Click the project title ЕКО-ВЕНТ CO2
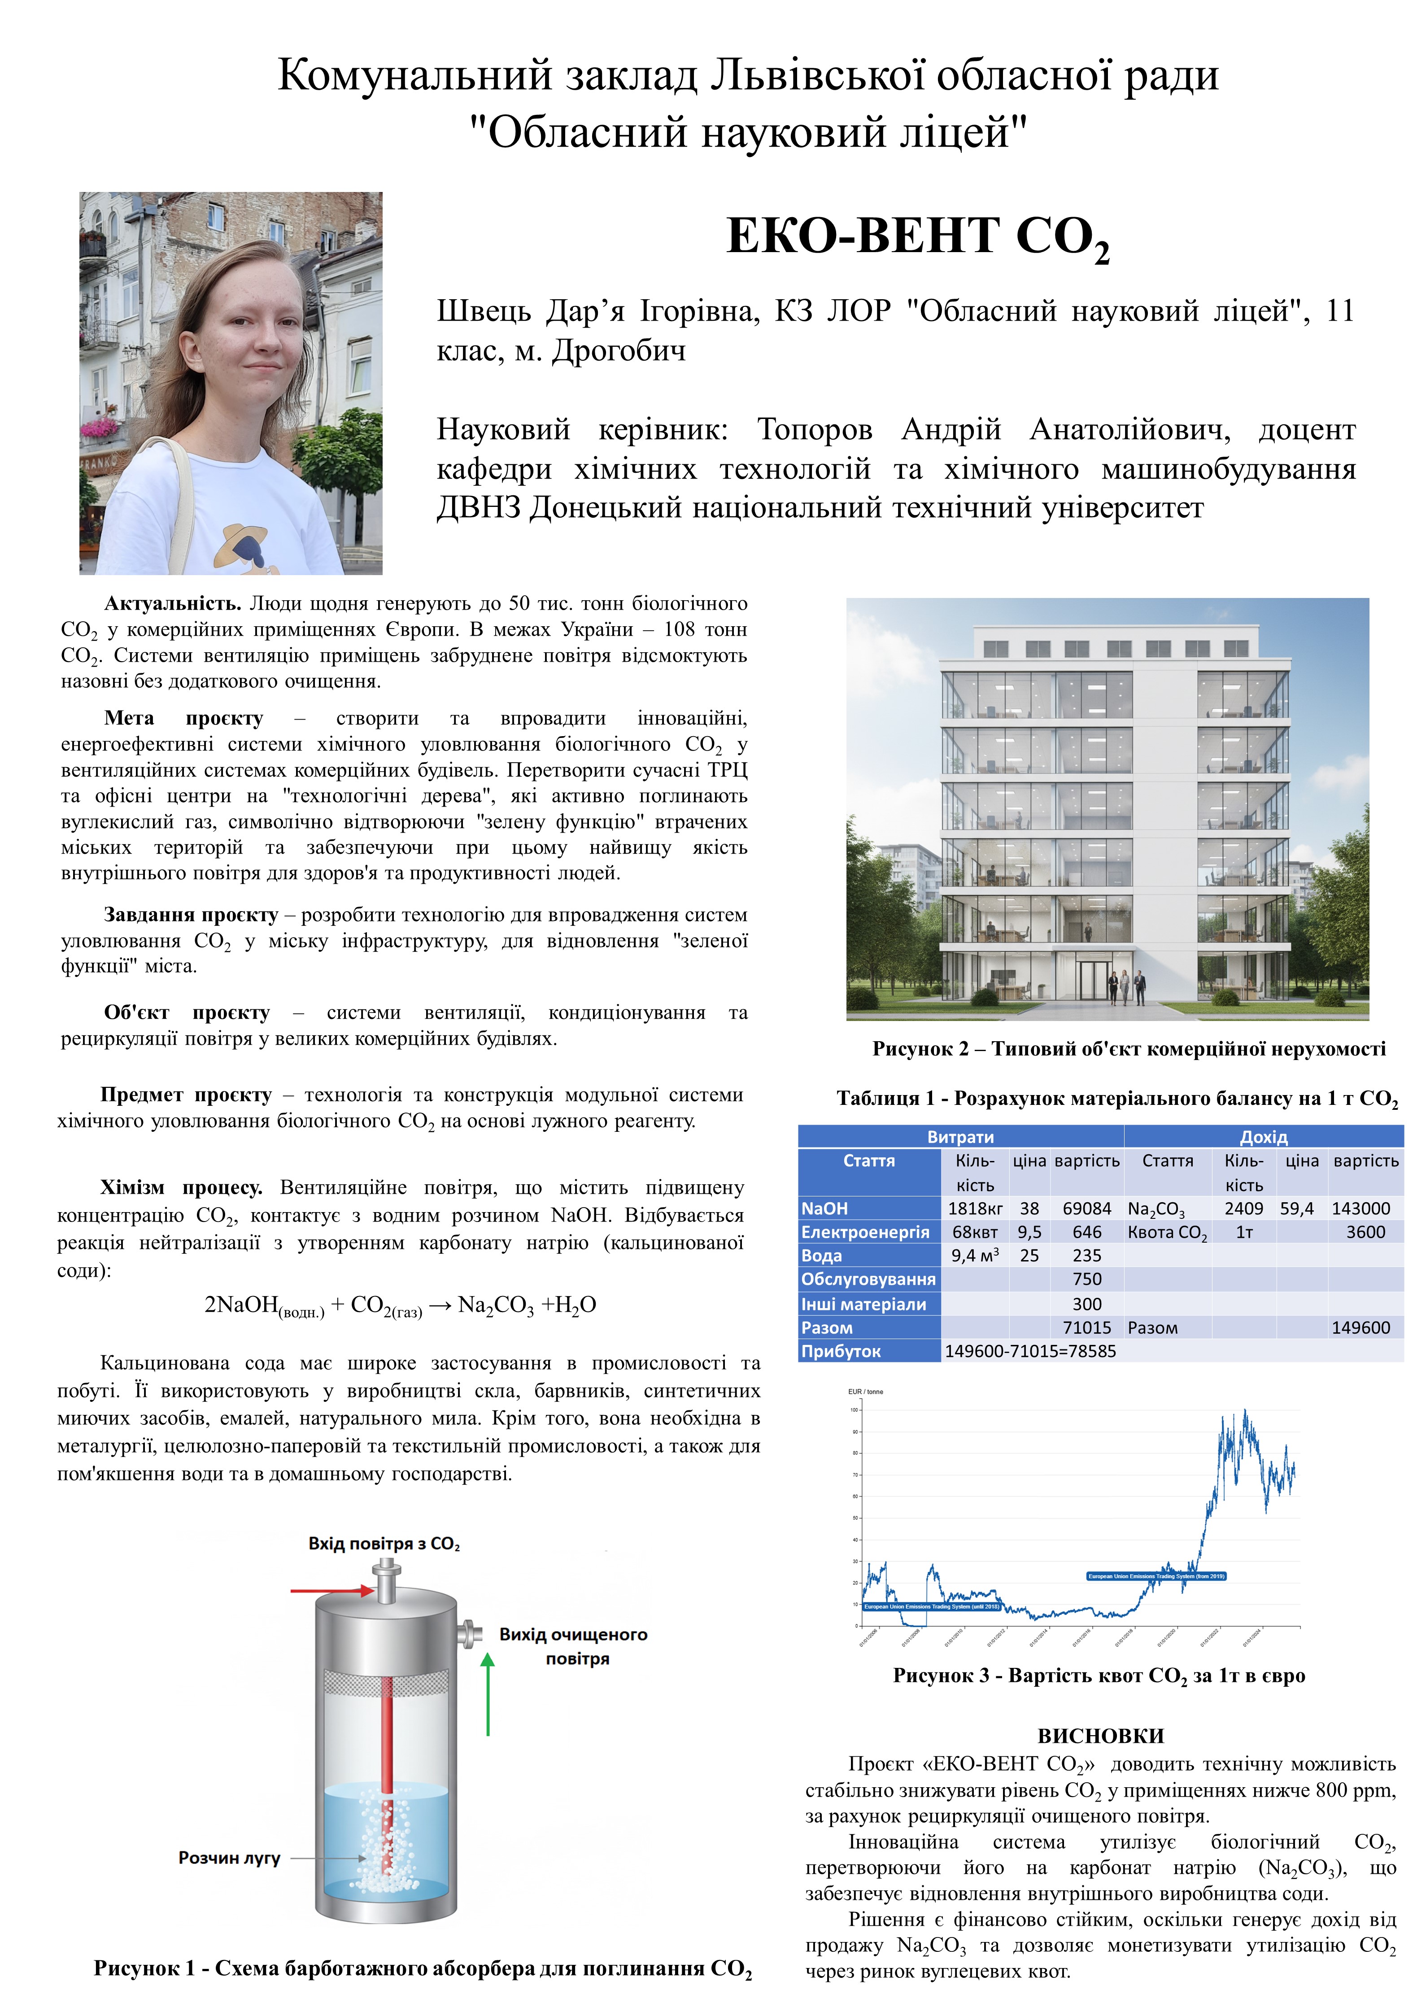tap(918, 237)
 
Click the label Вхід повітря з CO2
tap(384, 1544)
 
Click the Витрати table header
tap(961, 1137)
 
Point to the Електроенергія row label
tap(865, 1232)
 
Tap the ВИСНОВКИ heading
tap(1100, 1736)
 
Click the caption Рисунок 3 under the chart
tap(1099, 1676)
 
